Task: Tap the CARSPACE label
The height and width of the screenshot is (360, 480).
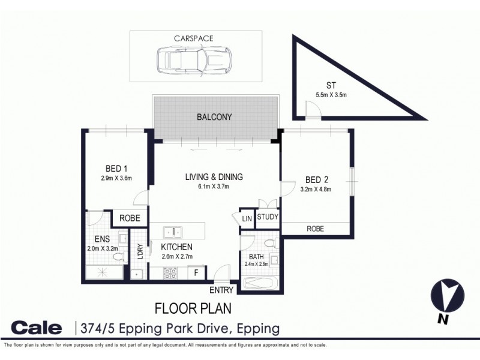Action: [x=193, y=38]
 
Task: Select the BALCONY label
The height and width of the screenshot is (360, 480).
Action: [x=214, y=117]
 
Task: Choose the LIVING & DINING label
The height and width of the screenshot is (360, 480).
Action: [x=214, y=177]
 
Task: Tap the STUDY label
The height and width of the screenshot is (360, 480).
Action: [x=268, y=218]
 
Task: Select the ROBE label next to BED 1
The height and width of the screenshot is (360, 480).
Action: [x=130, y=218]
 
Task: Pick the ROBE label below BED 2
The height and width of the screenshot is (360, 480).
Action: [x=315, y=229]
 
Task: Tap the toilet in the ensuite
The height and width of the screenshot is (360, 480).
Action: [x=118, y=257]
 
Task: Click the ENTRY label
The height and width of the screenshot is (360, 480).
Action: [x=221, y=291]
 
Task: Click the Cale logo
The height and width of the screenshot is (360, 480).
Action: [x=37, y=328]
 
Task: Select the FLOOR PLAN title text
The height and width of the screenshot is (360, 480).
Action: [x=193, y=309]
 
